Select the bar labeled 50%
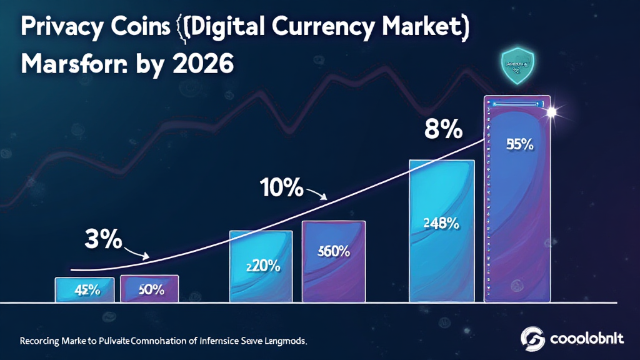click(x=150, y=290)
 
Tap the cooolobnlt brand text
click(x=587, y=338)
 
